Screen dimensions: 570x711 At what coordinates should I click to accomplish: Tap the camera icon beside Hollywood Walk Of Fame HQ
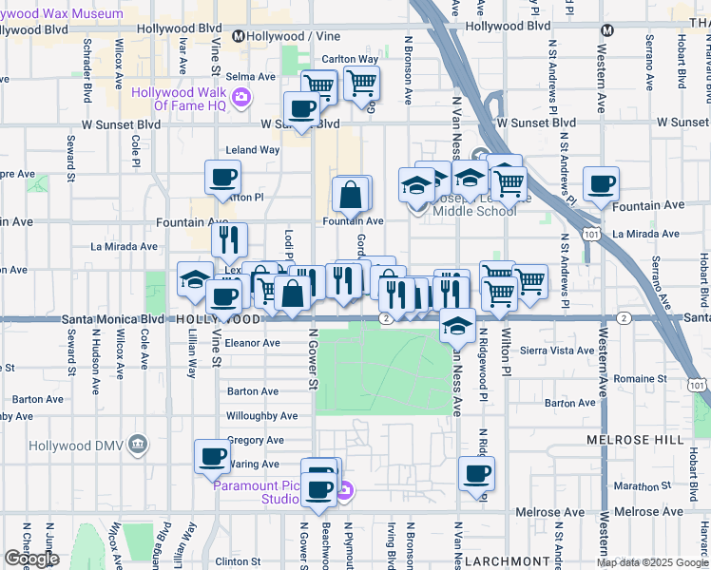[241, 97]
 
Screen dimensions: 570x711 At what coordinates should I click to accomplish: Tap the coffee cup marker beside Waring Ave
[212, 456]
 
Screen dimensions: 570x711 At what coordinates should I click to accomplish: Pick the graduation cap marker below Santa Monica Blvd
[457, 325]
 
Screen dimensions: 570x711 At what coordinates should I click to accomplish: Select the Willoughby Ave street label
[261, 415]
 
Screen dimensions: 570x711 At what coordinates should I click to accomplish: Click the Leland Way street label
[252, 150]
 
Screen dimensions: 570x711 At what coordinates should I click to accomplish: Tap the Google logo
[31, 559]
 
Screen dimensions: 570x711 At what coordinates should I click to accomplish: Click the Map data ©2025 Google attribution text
[652, 562]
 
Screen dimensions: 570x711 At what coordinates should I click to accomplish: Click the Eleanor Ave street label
[253, 343]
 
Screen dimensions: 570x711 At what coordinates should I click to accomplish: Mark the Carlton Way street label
[350, 59]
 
